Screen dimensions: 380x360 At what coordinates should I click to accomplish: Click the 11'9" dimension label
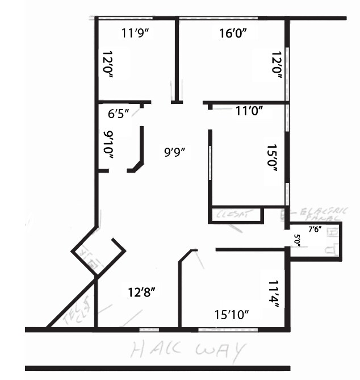coord(135,33)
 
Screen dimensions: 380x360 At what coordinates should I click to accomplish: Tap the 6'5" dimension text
coord(119,114)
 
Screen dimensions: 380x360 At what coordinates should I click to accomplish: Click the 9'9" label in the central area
coord(175,152)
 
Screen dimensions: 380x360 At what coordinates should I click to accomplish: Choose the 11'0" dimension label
coord(249,112)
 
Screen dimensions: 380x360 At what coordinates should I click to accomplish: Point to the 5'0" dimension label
coord(296,239)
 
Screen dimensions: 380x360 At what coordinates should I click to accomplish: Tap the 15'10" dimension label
coord(231,314)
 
